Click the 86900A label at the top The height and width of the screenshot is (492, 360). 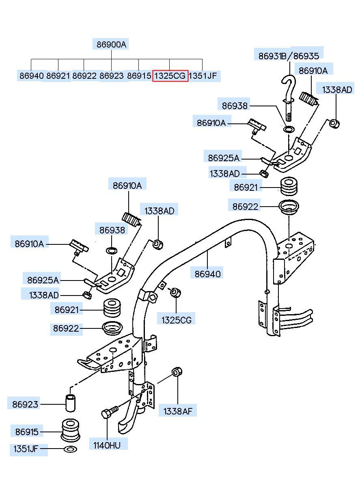[111, 45]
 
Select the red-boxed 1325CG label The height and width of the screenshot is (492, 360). [170, 76]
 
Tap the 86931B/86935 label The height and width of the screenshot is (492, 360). [289, 56]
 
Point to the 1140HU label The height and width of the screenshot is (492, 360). [107, 445]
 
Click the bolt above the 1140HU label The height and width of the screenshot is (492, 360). [110, 412]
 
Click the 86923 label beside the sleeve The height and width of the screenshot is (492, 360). [25, 404]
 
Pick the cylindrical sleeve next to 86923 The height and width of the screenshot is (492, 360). [71, 403]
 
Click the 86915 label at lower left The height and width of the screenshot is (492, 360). [27, 432]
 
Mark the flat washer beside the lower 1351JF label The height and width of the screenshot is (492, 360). [70, 449]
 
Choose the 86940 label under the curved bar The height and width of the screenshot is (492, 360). [207, 274]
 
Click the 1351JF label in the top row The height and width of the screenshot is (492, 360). [203, 76]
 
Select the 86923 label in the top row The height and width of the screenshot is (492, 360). [112, 76]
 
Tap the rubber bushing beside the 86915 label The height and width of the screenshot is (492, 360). [70, 430]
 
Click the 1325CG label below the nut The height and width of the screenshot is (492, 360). [177, 320]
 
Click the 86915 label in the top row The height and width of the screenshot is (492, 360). [139, 76]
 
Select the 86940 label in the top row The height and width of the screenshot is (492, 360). [32, 76]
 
